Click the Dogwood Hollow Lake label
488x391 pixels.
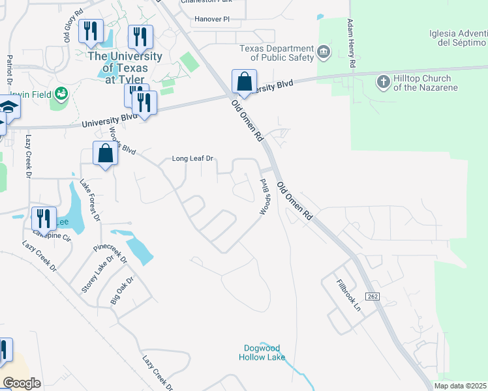(265, 352)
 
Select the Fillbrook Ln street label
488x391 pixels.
(350, 295)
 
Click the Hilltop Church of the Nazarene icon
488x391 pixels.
(383, 82)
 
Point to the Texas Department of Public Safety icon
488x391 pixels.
(323, 51)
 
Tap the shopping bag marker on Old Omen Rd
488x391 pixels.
(244, 83)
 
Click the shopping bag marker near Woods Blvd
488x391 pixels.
(106, 154)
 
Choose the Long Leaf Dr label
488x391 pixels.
(192, 158)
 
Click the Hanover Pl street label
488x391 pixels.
(212, 19)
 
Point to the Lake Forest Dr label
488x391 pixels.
(90, 201)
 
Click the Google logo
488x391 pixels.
(22, 383)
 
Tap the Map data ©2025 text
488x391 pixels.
(459, 386)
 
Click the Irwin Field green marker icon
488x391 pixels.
(62, 94)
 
